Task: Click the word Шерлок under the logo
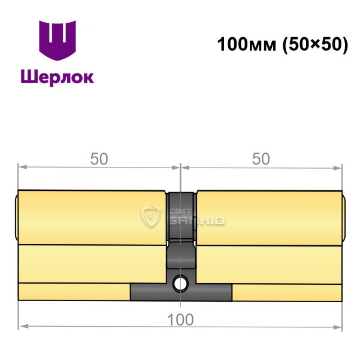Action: point(58,77)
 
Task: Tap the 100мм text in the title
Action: point(247,44)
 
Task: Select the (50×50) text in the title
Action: point(315,45)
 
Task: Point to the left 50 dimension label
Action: point(99,159)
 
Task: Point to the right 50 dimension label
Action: point(261,159)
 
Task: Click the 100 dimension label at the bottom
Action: point(180,320)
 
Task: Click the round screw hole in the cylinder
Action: point(180,283)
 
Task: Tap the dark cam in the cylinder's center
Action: point(181,231)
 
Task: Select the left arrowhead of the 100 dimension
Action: point(24,327)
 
